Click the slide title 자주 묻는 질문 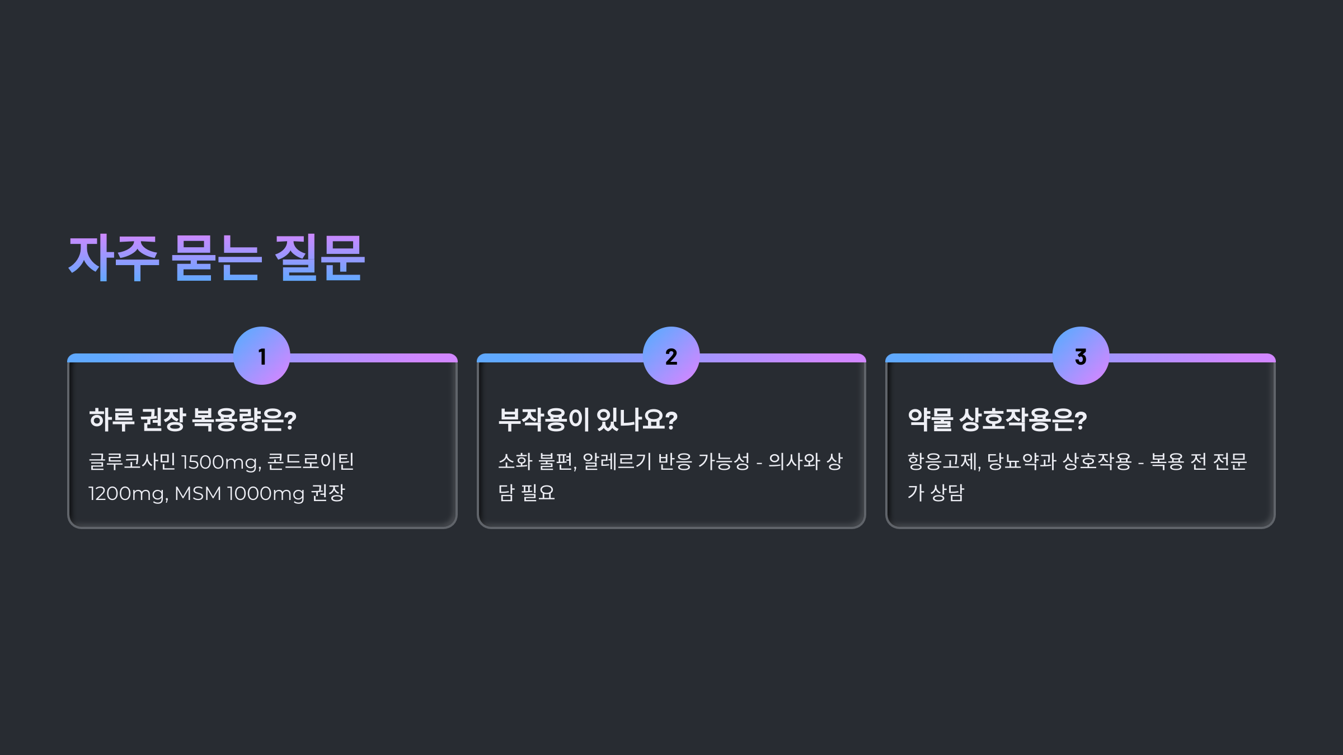coord(217,258)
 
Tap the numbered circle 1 coord(262,356)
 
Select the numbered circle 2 coord(671,356)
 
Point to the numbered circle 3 coord(1081,356)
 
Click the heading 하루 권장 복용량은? coord(192,420)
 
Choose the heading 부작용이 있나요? coord(588,420)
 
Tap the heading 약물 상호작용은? coord(997,420)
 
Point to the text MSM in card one coord(198,494)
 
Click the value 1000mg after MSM coord(266,494)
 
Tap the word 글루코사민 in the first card coord(132,462)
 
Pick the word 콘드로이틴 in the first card coord(311,462)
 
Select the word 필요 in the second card coord(538,493)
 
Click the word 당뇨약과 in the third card coord(1021,462)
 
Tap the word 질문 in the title coord(320,258)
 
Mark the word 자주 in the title coord(114,258)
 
